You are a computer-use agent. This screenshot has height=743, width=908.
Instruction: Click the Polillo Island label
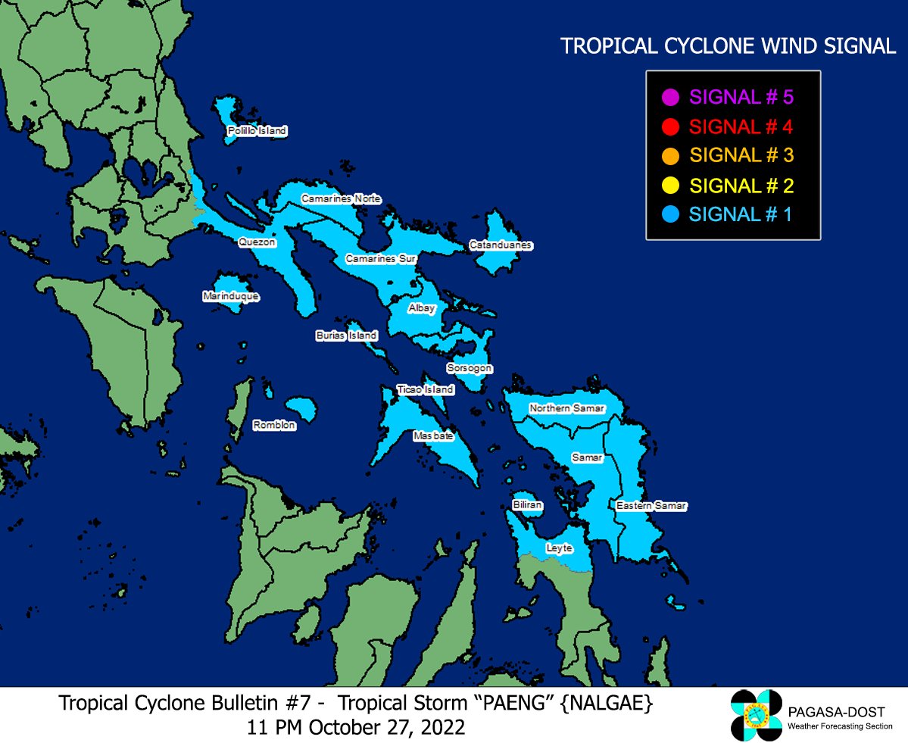coord(257,131)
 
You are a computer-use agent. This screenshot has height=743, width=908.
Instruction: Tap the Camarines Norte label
coord(341,198)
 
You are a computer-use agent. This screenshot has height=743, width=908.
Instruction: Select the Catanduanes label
coord(501,245)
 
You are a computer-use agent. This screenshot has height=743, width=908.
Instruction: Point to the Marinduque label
coord(231,296)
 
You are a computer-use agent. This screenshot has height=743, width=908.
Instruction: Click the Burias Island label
coord(346,335)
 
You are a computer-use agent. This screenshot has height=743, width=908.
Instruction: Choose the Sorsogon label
coord(469,368)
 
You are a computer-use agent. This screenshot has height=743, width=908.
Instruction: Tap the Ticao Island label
coord(426,389)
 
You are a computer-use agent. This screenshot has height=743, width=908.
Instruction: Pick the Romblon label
coord(274,425)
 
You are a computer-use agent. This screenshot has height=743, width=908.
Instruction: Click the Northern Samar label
coord(567,408)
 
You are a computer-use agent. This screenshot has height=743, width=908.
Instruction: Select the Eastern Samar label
coord(651,505)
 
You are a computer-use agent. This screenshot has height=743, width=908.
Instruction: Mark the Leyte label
coord(559,548)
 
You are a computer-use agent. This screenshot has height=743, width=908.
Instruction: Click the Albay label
coord(422,308)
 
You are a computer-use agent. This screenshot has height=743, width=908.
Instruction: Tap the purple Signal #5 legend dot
coord(669,98)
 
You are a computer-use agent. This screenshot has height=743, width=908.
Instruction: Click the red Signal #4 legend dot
coord(669,126)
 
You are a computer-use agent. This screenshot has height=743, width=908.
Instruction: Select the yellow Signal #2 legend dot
coord(669,186)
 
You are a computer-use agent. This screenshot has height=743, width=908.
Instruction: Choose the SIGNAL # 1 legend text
coord(740,214)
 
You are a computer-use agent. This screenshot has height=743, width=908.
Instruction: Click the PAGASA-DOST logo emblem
coord(755,716)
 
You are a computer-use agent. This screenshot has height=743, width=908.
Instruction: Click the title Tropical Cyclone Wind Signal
coord(728,46)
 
